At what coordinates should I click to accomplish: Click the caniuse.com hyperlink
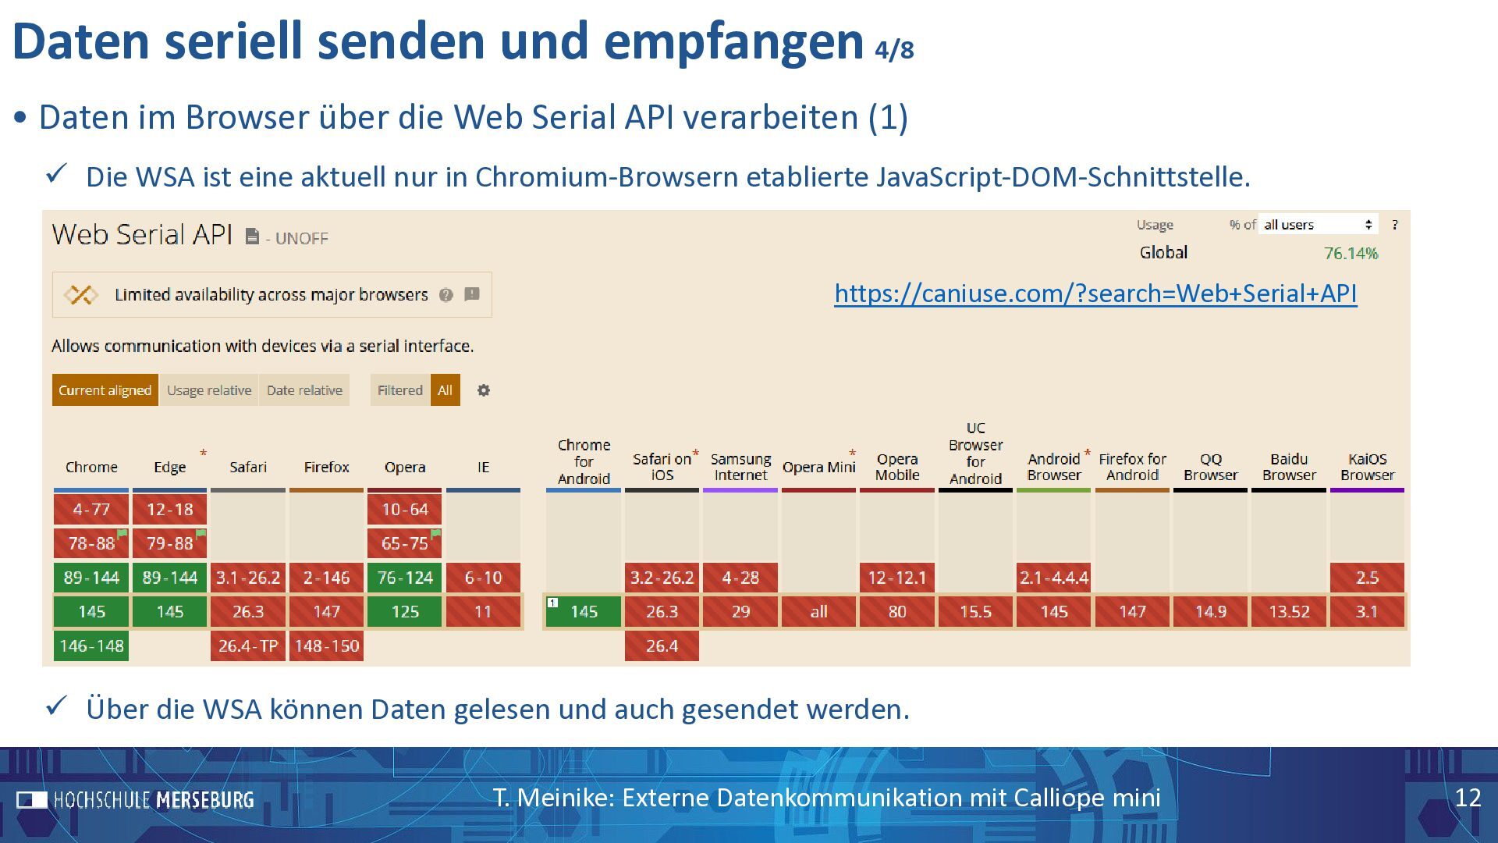point(1095,293)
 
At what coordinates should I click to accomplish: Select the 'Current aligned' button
point(105,390)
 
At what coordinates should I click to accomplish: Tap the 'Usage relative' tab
point(209,390)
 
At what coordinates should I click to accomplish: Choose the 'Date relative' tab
point(304,390)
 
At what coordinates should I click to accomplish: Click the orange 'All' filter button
point(445,390)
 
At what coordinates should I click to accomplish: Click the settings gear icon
point(484,390)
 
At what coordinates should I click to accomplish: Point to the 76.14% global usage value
point(1351,253)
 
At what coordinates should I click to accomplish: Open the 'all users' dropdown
point(1318,225)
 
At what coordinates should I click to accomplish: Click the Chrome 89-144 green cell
point(91,578)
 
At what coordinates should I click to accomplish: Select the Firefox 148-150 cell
point(326,646)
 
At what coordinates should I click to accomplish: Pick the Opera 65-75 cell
point(404,543)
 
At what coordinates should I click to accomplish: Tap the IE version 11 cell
point(483,612)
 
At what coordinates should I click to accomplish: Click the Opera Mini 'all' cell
point(818,612)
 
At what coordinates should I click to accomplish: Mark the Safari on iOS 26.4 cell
point(662,646)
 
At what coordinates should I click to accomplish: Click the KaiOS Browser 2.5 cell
point(1367,578)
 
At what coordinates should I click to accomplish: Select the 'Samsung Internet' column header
point(740,467)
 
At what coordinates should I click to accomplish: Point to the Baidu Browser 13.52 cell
point(1289,612)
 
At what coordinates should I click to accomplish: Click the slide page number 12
point(1468,798)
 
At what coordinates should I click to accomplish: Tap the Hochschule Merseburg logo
point(136,800)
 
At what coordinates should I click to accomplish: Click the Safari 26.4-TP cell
point(248,646)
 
